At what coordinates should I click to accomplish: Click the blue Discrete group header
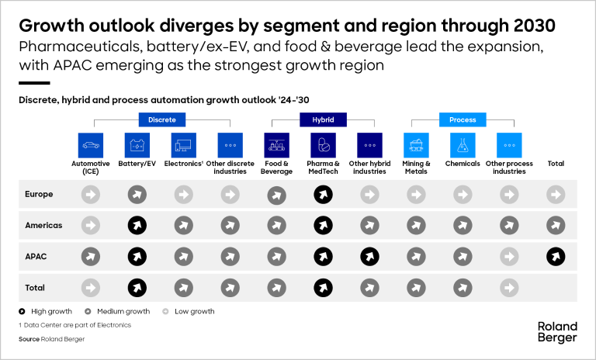162,119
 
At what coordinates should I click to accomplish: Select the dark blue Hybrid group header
324,119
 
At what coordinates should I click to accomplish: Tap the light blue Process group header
463,119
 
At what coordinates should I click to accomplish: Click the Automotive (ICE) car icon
91,145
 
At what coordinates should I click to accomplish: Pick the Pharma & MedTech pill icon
324,145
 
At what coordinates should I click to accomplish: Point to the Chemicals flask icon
463,145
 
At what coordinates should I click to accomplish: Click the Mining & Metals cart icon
416,145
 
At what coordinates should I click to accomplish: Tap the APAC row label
36,256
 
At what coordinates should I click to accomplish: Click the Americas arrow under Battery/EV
137,225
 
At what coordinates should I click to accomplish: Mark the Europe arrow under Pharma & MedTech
324,194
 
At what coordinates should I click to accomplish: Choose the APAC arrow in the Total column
555,256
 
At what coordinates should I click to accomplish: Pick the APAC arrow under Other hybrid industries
369,256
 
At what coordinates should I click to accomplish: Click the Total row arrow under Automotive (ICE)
91,288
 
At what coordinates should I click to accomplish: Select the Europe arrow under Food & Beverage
277,194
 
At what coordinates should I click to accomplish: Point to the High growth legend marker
22,311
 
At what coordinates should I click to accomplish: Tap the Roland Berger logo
557,331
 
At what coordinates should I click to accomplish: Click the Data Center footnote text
74,325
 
